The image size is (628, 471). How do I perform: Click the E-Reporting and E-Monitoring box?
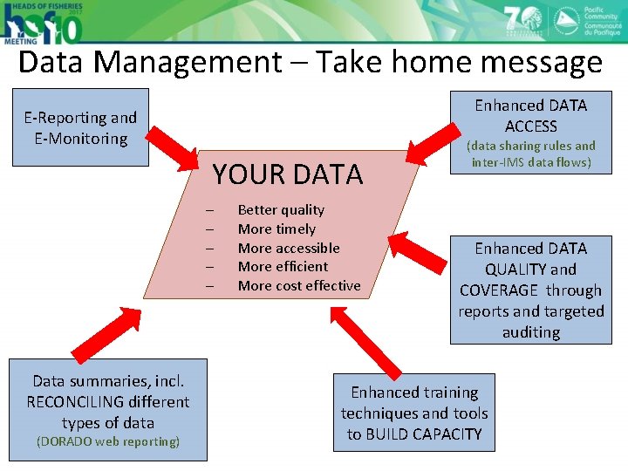point(81,127)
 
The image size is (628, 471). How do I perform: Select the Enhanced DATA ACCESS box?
point(530,132)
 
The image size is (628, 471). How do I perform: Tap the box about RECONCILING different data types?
point(108,409)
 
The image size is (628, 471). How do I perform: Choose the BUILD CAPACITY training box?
point(413,413)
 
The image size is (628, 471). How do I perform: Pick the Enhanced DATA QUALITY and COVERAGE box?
point(530,290)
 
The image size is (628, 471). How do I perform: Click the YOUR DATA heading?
point(287,174)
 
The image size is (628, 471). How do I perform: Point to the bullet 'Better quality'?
point(281,209)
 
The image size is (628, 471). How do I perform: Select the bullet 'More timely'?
point(276,229)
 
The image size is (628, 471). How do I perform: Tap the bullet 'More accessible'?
point(289,248)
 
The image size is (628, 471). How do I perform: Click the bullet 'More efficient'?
point(283,267)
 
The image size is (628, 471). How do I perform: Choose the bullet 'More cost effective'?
point(298,286)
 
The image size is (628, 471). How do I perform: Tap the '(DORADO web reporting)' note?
point(107,441)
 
